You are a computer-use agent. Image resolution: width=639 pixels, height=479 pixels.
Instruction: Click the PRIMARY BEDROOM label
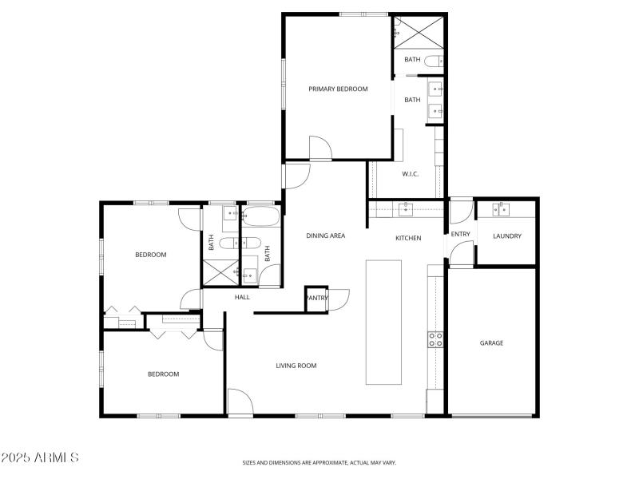[338, 89]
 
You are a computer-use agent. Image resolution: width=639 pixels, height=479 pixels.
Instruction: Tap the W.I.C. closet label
[410, 174]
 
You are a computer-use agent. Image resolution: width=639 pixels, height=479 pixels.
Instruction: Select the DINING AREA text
[326, 236]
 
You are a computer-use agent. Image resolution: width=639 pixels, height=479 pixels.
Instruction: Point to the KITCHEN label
[408, 238]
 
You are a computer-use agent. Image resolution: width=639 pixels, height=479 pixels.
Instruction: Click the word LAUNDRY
[507, 236]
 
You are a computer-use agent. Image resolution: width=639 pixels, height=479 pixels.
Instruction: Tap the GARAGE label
[491, 342]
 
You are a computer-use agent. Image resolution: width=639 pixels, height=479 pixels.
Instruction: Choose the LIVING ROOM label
[296, 366]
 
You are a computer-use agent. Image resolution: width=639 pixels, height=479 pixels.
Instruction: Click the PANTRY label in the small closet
[316, 298]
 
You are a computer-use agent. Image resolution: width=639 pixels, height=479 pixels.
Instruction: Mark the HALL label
[242, 297]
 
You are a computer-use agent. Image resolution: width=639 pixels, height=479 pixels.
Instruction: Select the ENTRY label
[461, 234]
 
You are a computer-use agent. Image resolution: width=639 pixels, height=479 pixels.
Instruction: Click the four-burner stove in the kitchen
[435, 339]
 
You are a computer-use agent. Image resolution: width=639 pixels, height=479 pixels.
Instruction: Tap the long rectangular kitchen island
[383, 321]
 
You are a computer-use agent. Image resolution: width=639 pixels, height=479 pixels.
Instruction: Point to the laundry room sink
[502, 210]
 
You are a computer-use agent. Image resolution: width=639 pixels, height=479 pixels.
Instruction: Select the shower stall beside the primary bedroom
[418, 31]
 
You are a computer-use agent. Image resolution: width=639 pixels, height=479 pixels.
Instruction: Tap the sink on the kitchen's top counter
[405, 209]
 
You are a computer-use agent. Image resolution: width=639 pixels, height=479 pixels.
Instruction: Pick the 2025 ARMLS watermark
[40, 457]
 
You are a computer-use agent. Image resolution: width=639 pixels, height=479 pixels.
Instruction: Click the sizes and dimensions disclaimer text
[319, 462]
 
